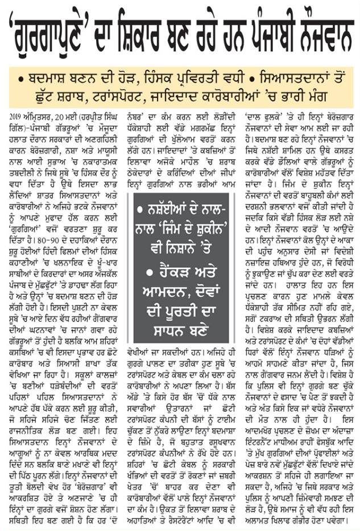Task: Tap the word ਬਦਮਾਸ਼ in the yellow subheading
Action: [x=47, y=76]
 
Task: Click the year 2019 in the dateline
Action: [x=15, y=116]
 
